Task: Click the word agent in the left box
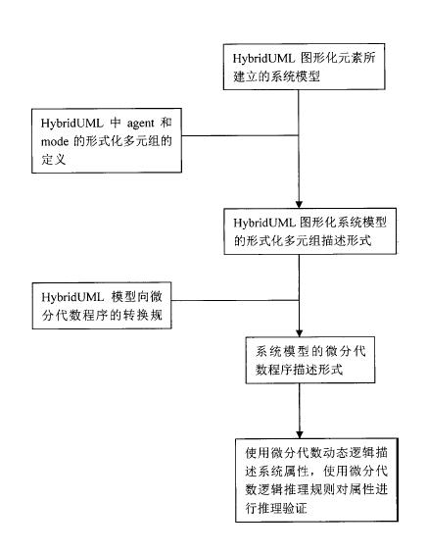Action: (140, 124)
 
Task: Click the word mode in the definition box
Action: (55, 141)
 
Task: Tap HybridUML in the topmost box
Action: (263, 59)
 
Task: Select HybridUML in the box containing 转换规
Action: (72, 297)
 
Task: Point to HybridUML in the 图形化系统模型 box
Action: (263, 223)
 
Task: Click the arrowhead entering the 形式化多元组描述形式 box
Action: (299, 204)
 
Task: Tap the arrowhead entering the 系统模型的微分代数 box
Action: (299, 333)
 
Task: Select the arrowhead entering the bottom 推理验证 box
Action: (300, 434)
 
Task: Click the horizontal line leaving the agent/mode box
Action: (240, 135)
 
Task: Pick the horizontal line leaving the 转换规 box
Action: (235, 300)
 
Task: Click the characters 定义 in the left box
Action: (54, 160)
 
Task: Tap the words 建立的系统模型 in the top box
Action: (276, 76)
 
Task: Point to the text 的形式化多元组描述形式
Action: (303, 241)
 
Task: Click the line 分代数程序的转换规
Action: (102, 315)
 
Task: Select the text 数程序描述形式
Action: (299, 370)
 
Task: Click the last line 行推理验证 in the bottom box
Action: (276, 508)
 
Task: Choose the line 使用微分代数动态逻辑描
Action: (316, 453)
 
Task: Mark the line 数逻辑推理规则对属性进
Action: (316, 489)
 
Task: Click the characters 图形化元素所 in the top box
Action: (338, 58)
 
